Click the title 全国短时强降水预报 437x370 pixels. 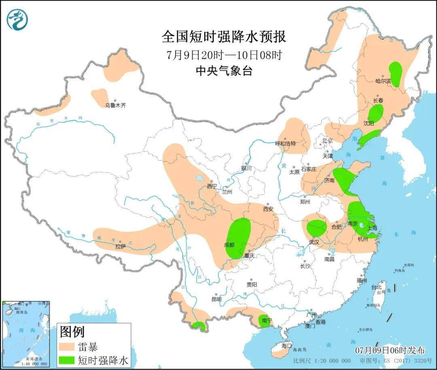click(224, 37)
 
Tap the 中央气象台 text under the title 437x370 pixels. click(224, 71)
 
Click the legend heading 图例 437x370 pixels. click(72, 332)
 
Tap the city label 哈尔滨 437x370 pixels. click(383, 81)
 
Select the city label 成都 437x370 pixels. click(229, 245)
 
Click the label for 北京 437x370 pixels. click(327, 141)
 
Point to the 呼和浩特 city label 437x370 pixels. click(285, 143)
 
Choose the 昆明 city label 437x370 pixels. click(216, 299)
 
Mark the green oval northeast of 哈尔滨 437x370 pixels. click(395, 73)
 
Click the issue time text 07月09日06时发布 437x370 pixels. click(390, 350)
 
